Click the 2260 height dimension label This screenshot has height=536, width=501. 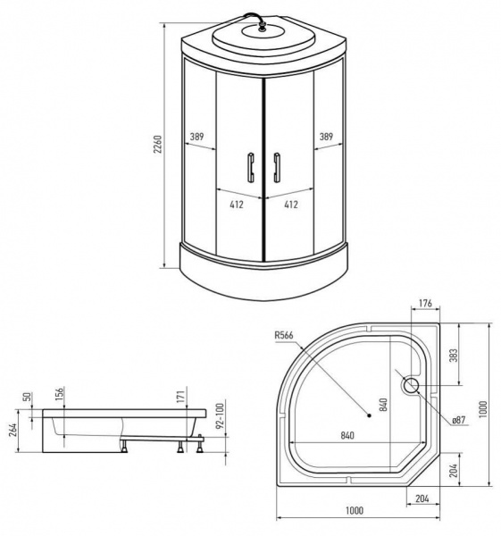click(x=157, y=144)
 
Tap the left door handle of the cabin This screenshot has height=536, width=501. click(x=251, y=167)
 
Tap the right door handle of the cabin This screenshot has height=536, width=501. click(x=277, y=168)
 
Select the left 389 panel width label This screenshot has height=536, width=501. click(x=196, y=137)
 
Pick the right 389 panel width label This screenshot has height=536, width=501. click(x=326, y=137)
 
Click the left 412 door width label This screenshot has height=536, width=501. click(x=237, y=205)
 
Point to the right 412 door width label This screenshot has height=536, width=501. click(x=291, y=205)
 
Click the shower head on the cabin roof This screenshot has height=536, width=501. click(x=263, y=28)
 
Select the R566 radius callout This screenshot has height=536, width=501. click(x=284, y=335)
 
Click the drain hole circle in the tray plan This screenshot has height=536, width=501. click(x=410, y=385)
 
